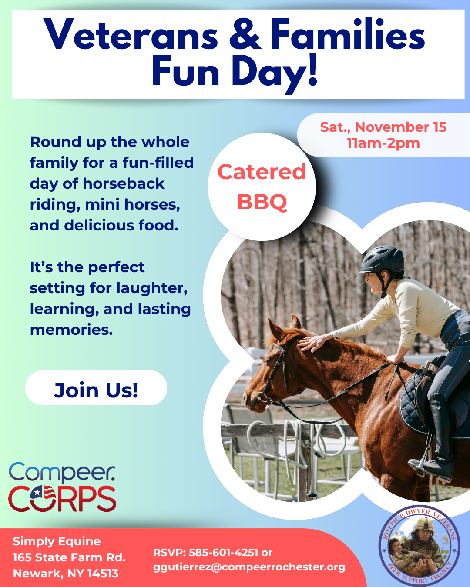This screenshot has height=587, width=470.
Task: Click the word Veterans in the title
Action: click(x=131, y=35)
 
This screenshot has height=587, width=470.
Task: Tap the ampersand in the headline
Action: click(x=245, y=35)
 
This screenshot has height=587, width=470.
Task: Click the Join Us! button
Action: click(x=96, y=389)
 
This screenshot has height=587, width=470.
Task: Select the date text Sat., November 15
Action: click(x=383, y=127)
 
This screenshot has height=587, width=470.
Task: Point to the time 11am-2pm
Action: click(x=383, y=143)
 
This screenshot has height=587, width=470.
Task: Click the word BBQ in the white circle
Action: click(x=262, y=202)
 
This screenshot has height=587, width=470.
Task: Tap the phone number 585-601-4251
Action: click(x=224, y=553)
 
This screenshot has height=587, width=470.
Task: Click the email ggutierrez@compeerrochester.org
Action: click(x=249, y=567)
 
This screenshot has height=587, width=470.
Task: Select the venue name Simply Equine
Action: click(x=57, y=541)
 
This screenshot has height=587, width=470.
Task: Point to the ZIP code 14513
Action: click(x=103, y=574)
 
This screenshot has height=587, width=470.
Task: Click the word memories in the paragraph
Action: click(x=70, y=330)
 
